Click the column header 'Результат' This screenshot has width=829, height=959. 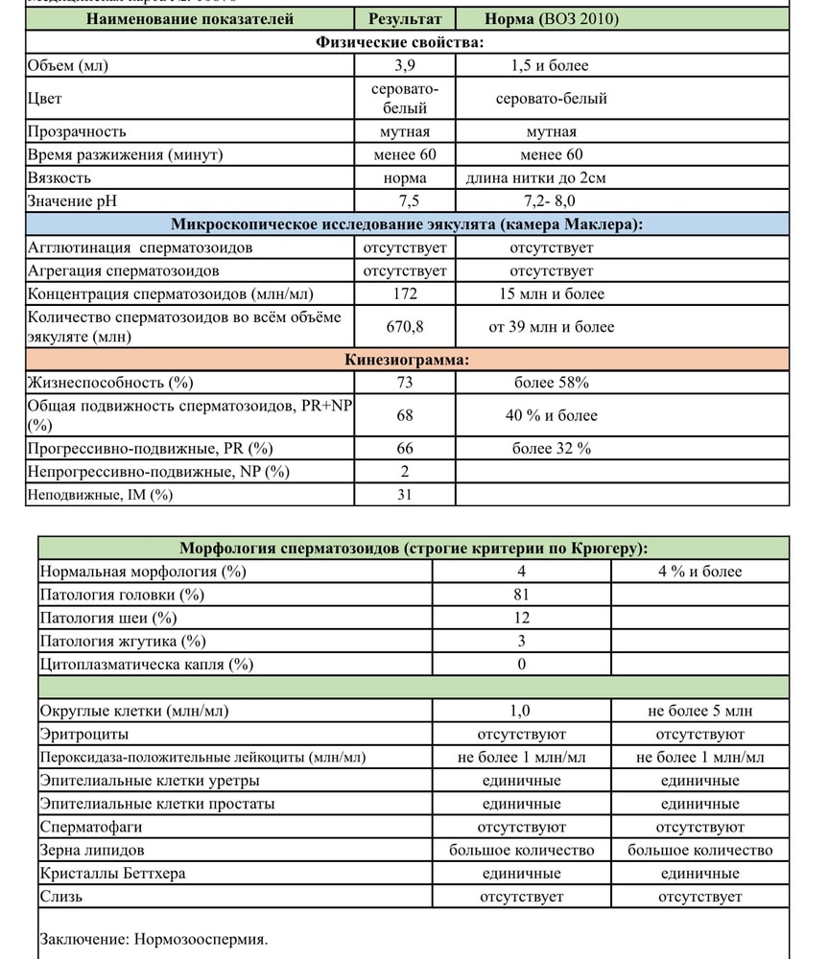point(405,19)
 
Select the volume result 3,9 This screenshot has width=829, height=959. point(405,66)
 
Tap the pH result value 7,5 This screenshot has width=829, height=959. point(405,200)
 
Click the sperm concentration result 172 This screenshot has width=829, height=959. point(405,293)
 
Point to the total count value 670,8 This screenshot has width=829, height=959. point(405,327)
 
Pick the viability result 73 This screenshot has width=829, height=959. point(405,383)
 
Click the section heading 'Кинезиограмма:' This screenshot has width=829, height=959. point(407,361)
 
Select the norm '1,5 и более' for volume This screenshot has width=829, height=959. point(551,66)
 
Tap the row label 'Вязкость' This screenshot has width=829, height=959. point(59,177)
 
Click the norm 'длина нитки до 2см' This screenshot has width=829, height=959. point(550,177)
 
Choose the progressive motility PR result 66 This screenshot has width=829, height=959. point(405,448)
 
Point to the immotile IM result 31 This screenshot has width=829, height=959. point(405,494)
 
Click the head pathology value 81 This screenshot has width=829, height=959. point(521,595)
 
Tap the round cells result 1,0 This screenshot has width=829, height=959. point(521,711)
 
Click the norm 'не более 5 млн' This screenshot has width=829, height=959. point(699,711)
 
